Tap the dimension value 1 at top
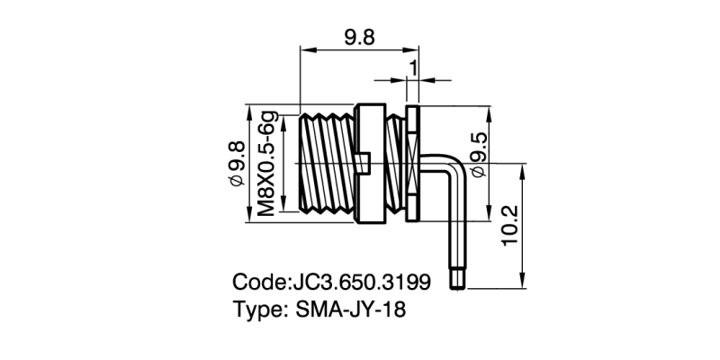coord(413,67)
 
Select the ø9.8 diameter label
coord(238,163)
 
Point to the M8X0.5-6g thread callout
coord(267,163)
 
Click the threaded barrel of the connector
coord(328,163)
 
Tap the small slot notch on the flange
coord(364,162)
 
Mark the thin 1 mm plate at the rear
coord(413,163)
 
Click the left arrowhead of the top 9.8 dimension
coord(304,51)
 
